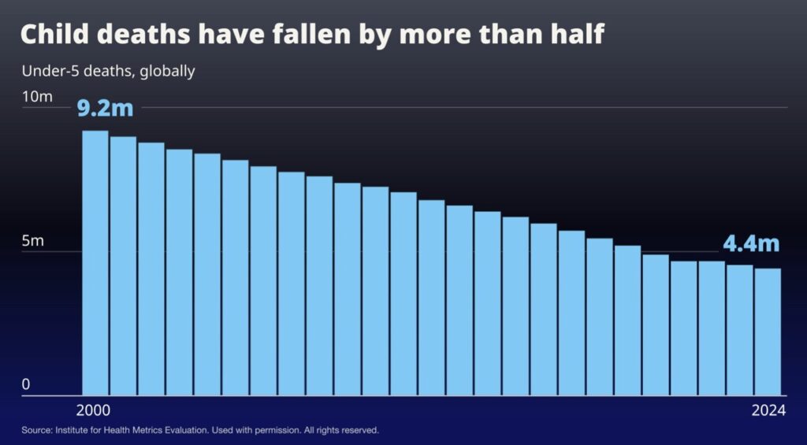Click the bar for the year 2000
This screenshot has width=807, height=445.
pos(95,263)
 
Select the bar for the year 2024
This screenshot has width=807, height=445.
pos(768,332)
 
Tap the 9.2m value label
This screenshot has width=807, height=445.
pos(106,107)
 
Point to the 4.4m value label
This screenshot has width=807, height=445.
pos(751,243)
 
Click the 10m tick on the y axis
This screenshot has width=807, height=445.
pos(37,97)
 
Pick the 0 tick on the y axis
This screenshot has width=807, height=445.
pos(25,384)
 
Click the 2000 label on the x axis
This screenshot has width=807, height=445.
pos(94,410)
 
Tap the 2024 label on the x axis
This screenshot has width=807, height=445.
pos(768,410)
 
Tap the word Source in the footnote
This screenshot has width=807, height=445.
pos(36,431)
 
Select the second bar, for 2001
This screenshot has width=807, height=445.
pos(123,266)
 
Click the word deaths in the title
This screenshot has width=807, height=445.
pos(138,35)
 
